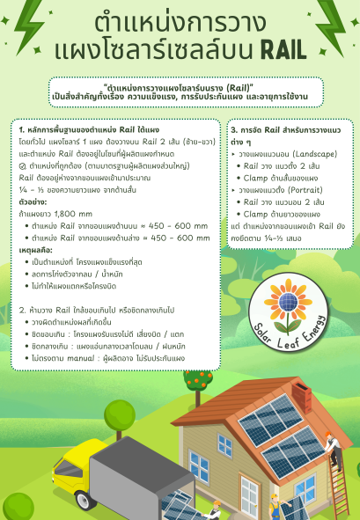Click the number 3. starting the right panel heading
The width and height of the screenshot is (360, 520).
(234, 129)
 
